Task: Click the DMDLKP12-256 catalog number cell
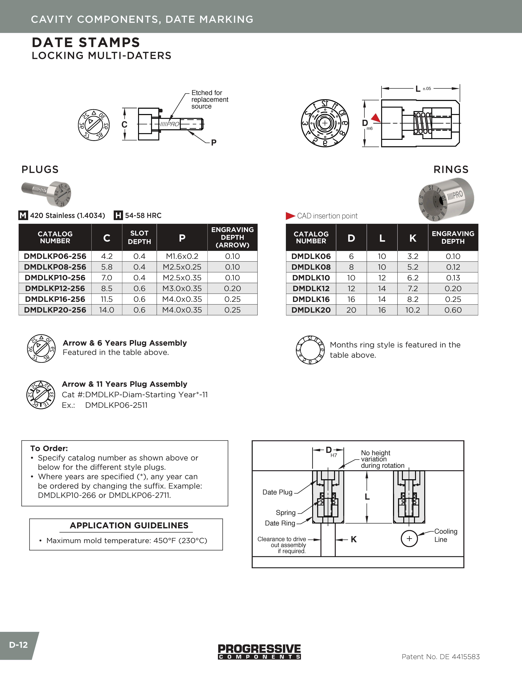[55, 288]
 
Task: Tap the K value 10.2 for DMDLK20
[412, 310]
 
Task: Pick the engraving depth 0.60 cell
[453, 310]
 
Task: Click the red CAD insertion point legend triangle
[290, 216]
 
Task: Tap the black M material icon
[23, 215]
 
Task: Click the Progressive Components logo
[259, 651]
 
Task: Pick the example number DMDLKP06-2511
[116, 405]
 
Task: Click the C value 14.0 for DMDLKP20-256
[107, 310]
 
